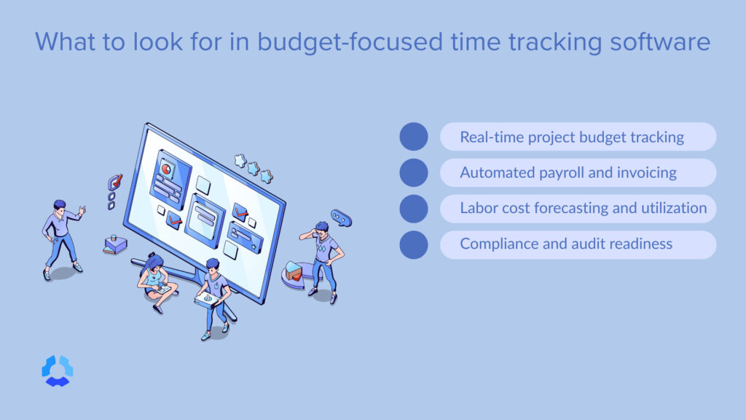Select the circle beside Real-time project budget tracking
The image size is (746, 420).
point(414,136)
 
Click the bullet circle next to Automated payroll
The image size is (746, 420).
point(414,172)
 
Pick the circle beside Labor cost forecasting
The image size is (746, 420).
point(414,208)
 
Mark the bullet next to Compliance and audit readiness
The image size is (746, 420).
point(414,244)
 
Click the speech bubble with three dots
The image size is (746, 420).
point(341,217)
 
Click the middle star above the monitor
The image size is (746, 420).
point(254,169)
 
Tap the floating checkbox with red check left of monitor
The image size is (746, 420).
point(114,182)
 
